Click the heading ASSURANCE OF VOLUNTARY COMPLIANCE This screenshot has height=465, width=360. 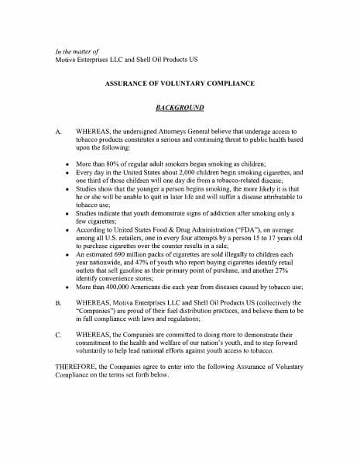tap(180, 83)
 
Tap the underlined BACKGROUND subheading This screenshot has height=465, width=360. tap(180, 108)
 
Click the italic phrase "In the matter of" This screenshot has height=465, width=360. tap(78, 51)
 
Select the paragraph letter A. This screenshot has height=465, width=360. tap(59, 133)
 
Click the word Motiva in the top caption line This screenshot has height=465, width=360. tap(67, 60)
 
